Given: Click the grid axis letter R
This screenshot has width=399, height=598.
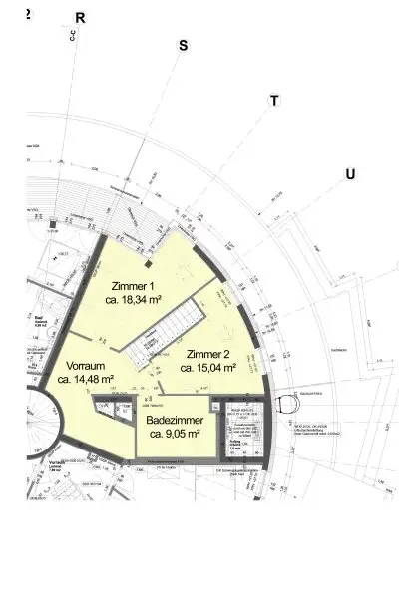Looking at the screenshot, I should point(80,18).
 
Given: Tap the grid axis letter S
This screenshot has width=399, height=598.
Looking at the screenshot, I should point(183,46).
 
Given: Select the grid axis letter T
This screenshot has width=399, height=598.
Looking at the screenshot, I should point(274,101).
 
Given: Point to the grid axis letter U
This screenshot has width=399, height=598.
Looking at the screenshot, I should point(349,175).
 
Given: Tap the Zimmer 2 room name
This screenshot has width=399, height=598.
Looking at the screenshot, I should point(208,354).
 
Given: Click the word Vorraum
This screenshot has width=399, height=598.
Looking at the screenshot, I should point(80,365).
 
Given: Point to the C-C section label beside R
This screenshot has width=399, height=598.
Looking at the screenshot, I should point(72,37).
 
